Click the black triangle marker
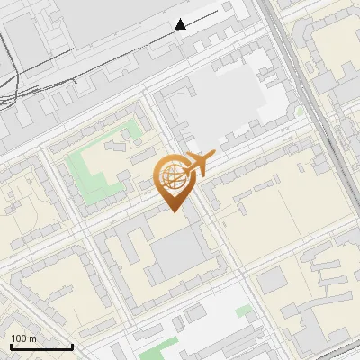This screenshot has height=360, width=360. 181,24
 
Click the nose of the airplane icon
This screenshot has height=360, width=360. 213,156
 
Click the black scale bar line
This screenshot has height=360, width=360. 41,346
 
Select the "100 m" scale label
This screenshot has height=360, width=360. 23,338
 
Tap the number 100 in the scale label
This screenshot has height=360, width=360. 19,338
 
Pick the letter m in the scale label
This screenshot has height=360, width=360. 32,338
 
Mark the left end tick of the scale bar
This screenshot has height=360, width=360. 11,345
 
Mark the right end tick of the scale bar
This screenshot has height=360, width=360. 72,345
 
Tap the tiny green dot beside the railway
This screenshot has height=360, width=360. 299,112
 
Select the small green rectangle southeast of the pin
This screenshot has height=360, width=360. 244,310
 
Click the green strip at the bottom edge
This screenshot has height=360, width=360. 162,352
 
